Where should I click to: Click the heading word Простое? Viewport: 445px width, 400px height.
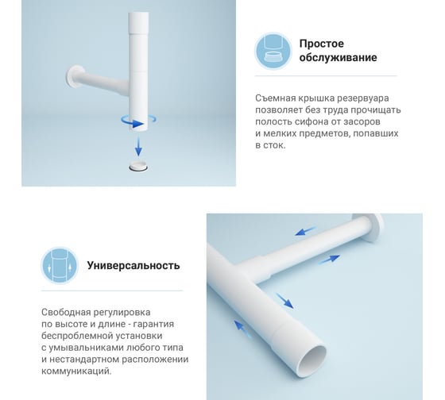click(322, 44)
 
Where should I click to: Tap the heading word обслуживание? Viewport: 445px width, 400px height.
click(338, 58)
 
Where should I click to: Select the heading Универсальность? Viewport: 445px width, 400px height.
click(133, 266)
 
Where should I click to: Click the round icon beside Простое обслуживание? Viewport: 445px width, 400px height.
click(273, 51)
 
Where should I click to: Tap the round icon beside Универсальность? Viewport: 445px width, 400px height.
click(60, 266)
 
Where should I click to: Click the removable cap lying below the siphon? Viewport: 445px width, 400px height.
click(138, 166)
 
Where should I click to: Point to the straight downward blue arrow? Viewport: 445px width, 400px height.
click(138, 146)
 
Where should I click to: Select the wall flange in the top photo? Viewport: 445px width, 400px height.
click(75, 76)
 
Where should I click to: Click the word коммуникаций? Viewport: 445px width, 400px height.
click(76, 371)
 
